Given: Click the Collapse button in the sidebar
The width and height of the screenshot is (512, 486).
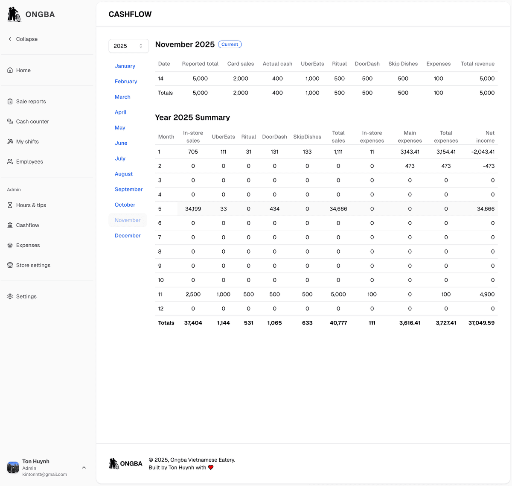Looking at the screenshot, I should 23,39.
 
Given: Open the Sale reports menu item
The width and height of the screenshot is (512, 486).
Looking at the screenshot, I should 31,102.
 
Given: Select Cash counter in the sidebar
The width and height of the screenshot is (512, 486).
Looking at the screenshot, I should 32,122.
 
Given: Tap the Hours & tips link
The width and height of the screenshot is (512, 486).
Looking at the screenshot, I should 31,205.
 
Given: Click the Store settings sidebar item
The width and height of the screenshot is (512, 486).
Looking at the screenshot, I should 33,265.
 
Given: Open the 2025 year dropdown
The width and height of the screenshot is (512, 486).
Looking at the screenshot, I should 128,46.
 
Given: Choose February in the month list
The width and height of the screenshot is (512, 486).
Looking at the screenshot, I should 126,82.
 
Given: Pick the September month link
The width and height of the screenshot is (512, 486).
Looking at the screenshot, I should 128,190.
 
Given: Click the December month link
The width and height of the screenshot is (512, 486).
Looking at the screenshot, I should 128,236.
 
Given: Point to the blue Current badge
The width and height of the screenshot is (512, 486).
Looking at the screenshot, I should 230,44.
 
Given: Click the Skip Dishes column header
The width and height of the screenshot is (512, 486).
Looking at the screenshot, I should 403,64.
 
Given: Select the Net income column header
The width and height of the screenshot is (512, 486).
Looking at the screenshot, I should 485,137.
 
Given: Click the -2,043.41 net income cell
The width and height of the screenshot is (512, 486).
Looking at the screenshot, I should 483,152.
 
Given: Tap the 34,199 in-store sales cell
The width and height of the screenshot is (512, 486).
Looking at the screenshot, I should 193,209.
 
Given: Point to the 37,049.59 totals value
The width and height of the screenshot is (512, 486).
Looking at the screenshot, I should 481,323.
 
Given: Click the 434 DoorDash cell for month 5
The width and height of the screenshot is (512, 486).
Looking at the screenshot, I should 274,209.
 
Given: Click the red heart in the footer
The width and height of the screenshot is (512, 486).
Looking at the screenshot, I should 211,468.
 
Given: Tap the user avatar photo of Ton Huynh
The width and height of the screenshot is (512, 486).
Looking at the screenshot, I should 13,468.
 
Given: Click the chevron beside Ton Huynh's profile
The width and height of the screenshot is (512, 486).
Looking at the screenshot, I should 84,468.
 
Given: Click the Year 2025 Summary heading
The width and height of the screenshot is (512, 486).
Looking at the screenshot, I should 192,117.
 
